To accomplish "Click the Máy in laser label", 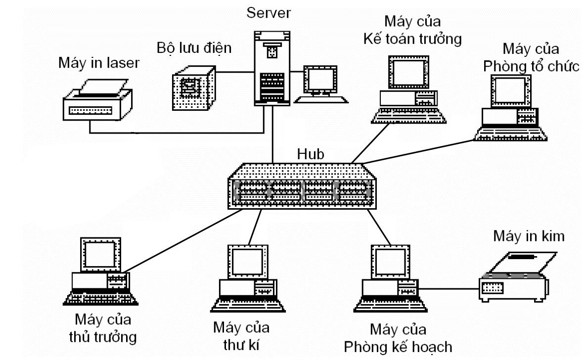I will coord(99,63).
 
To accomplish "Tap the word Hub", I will coord(310,153).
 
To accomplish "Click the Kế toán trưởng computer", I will coord(408,89).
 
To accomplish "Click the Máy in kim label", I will coord(528,236).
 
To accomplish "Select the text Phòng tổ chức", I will coord(531,66).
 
